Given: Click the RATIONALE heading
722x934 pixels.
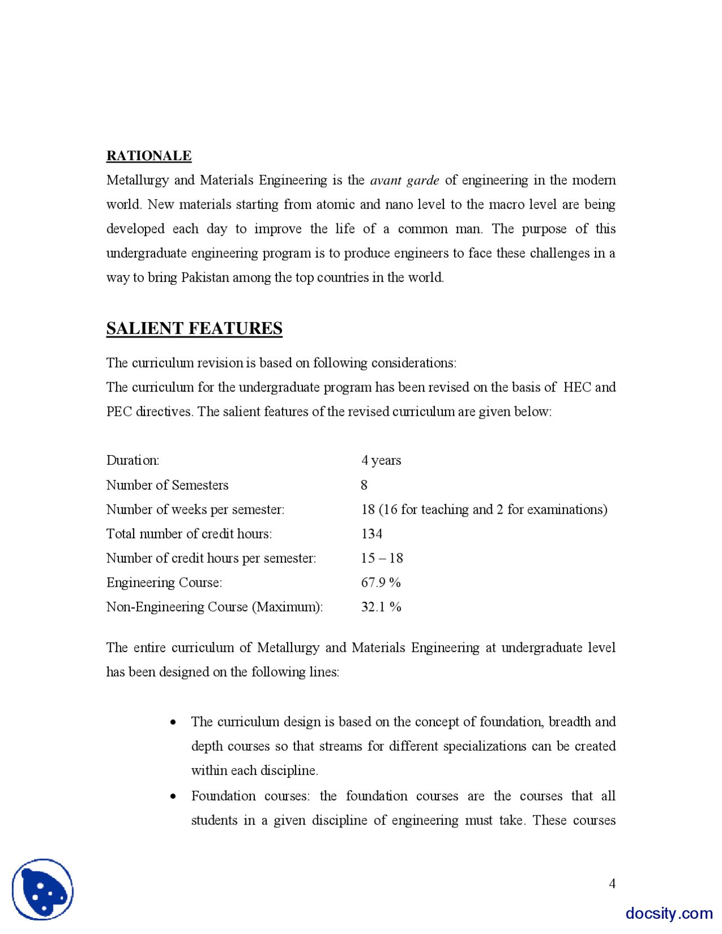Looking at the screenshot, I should coord(149,156).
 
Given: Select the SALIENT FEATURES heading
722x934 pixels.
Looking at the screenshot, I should coord(194,328).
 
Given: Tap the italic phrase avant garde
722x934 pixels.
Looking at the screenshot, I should coord(404,180).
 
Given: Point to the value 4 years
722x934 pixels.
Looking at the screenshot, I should coord(381,460).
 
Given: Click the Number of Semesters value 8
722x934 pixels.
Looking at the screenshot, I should coord(364,485).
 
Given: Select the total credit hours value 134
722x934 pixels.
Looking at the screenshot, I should coord(372,534).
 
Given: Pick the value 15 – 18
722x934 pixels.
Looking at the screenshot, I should coord(382,558).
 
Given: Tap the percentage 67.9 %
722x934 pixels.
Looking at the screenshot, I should coord(381,583).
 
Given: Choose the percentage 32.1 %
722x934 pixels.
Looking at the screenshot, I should coord(381,607).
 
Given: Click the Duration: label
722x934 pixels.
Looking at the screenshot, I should coord(133,460).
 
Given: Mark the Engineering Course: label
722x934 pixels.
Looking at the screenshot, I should coord(164,583).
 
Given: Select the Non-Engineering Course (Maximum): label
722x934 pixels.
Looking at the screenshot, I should coord(214,607).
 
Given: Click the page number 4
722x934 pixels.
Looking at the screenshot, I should coord(612,883).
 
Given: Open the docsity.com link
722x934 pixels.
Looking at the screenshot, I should coord(669,913).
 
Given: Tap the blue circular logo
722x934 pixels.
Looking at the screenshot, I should coord(43,889).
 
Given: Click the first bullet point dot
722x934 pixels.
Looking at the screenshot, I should coord(173,722).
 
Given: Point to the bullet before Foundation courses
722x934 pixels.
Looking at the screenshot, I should coord(173,796).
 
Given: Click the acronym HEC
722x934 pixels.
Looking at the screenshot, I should coord(577,387).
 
